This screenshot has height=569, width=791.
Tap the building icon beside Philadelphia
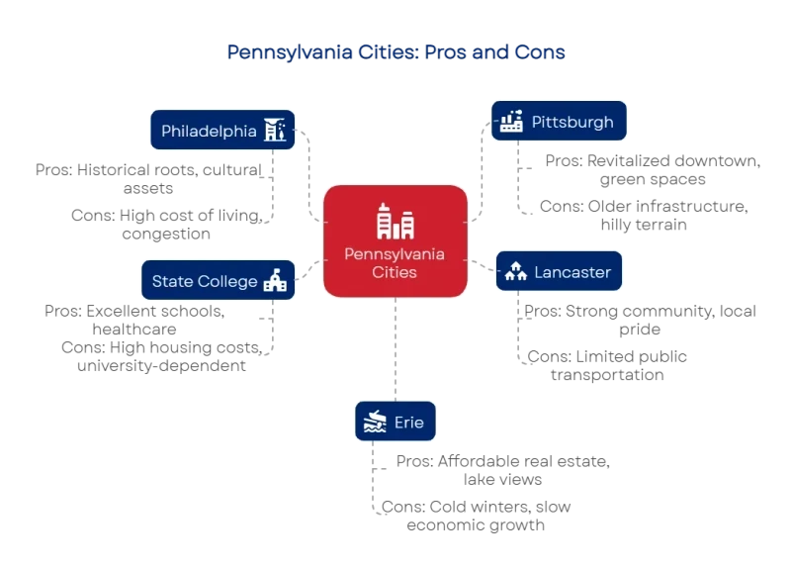[275, 131]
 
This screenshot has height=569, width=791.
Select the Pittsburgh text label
[572, 123]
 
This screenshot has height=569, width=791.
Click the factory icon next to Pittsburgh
[510, 122]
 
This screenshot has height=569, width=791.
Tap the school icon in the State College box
[275, 281]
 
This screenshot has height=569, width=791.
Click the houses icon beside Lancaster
[514, 272]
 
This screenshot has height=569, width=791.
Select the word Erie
[408, 423]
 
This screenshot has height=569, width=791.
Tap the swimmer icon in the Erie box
[374, 423]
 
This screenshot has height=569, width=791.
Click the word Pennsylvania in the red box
[395, 254]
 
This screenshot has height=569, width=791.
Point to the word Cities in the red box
[395, 272]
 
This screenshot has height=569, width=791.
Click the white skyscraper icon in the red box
[395, 222]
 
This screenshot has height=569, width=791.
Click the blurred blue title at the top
[395, 51]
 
